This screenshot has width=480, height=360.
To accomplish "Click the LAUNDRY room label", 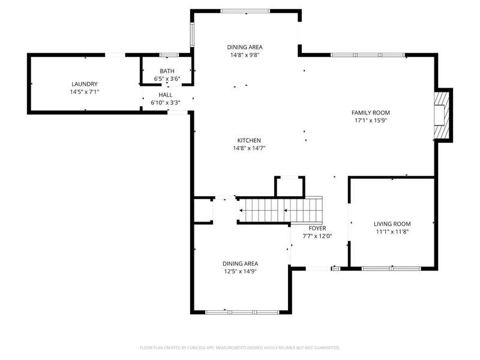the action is [x=85, y=84].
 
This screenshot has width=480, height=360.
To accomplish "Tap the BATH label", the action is [x=167, y=71].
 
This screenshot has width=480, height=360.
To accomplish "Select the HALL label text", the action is [x=166, y=95].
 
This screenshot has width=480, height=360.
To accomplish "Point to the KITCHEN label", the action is [x=249, y=140].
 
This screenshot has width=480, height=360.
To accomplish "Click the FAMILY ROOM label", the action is [x=371, y=113].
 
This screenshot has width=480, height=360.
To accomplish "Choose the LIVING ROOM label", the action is [x=392, y=224].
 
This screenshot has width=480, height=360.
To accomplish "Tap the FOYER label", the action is [x=317, y=229].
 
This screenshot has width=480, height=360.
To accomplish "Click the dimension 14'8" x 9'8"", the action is [x=245, y=55].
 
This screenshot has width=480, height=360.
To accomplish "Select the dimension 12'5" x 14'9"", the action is [x=241, y=272].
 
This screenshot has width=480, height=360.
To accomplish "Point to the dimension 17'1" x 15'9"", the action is [x=371, y=121].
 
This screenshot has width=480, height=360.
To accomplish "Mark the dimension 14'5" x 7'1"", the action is [x=85, y=92].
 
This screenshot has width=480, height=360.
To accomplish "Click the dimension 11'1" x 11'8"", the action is [x=392, y=232].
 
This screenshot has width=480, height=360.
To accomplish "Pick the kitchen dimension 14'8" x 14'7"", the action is [x=249, y=148].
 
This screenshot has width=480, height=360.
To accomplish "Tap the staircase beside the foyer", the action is [x=280, y=210].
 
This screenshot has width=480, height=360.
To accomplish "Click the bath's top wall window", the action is [x=169, y=55].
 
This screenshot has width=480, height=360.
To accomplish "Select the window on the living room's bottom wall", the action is [x=391, y=269].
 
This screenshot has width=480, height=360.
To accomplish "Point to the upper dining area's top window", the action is [x=245, y=11].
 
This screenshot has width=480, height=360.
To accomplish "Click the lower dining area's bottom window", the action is [x=242, y=312].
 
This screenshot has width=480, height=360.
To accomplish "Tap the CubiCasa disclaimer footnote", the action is [x=239, y=348].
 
